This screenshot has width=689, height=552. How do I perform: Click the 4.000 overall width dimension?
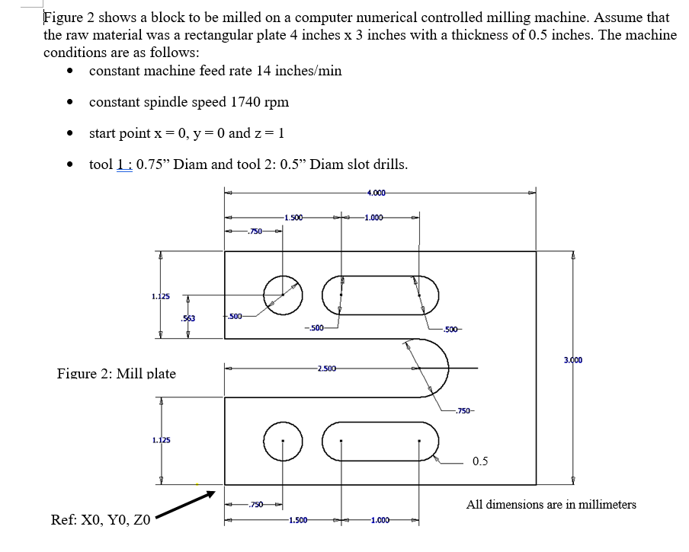tap(375, 191)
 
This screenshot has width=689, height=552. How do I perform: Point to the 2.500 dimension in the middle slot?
tap(326, 369)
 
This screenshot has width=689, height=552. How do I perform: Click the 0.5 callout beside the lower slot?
tap(480, 461)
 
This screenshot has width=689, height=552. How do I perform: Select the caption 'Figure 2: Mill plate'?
tap(117, 374)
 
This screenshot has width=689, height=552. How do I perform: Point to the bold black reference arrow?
tap(187, 506)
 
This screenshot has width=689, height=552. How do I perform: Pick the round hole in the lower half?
tap(282, 441)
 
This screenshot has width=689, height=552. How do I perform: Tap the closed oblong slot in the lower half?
tap(380, 441)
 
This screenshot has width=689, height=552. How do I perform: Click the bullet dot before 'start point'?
tap(69, 134)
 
